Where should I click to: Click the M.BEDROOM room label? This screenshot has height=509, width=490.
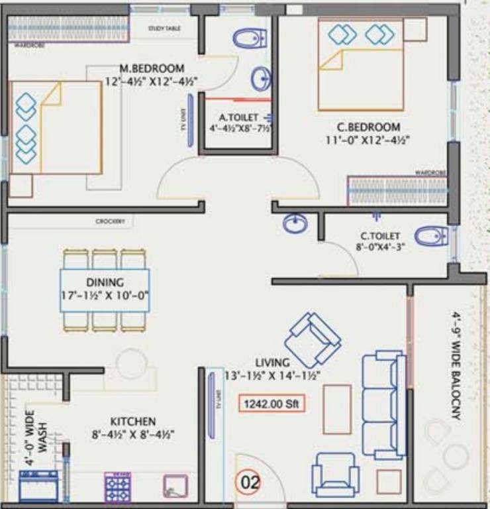point(152,68)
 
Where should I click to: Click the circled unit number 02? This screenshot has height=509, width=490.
point(250,482)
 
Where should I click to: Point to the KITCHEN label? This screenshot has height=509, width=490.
point(133,422)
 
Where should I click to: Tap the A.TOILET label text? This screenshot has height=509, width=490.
point(238,117)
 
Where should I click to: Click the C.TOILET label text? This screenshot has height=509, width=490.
point(379,235)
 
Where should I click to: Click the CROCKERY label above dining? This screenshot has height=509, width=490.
point(110,221)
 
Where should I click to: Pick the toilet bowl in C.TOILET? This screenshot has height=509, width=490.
point(430,235)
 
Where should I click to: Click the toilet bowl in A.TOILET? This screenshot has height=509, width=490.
point(250,38)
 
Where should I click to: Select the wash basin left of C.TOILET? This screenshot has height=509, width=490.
point(295,224)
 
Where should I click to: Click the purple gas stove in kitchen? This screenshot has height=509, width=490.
point(118,488)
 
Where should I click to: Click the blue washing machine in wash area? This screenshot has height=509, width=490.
point(38,486)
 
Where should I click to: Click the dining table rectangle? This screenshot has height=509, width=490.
point(105,290)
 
